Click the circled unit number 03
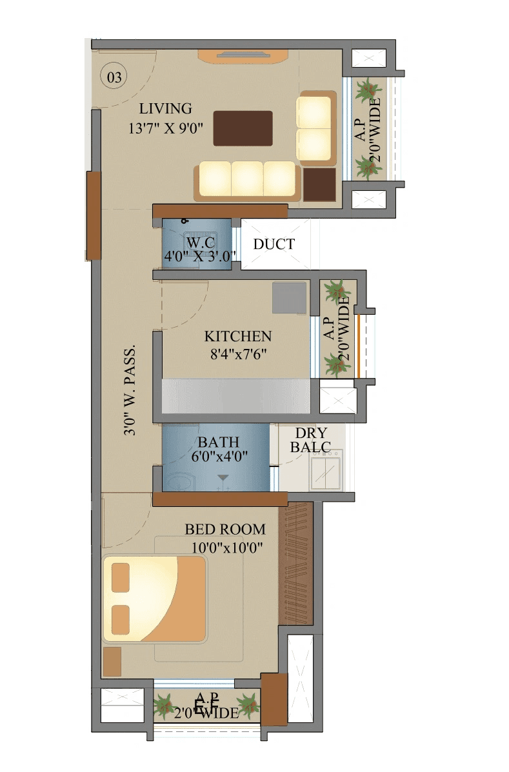[114, 78]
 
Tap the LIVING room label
[165, 108]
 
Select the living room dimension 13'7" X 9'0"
[166, 128]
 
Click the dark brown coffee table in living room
[243, 128]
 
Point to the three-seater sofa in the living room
[247, 179]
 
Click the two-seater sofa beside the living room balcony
[315, 128]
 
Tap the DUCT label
[274, 244]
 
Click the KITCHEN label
[237, 337]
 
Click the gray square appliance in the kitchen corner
[289, 298]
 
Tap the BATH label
[218, 442]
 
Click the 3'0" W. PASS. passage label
[130, 391]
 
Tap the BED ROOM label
[225, 530]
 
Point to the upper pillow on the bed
[121, 577]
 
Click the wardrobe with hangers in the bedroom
[295, 564]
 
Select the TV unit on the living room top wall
[243, 55]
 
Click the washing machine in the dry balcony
[326, 470]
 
